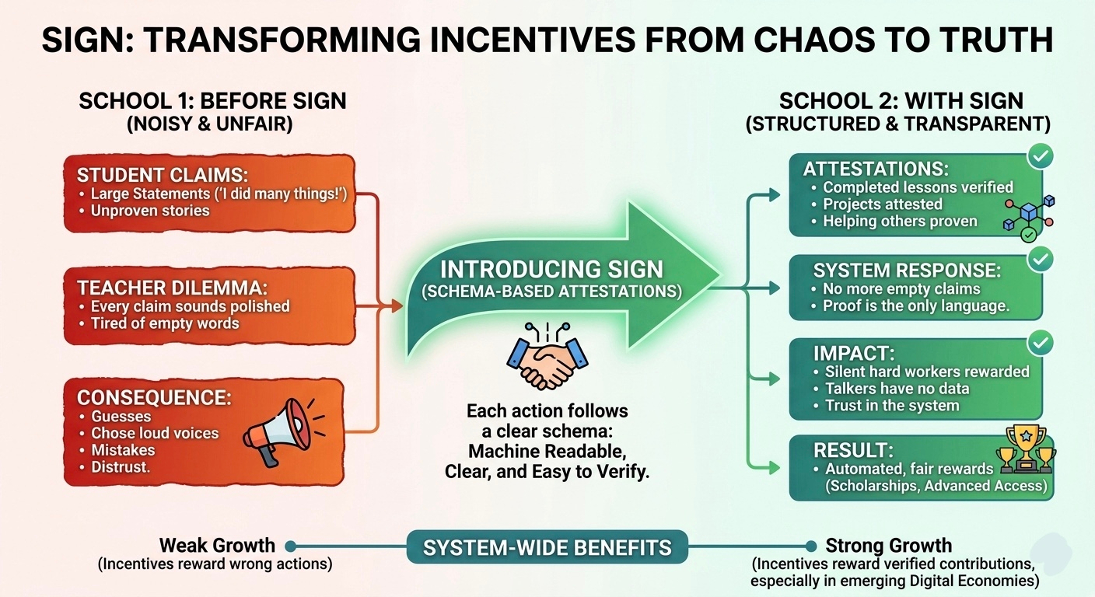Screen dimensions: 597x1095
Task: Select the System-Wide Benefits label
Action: pos(547,548)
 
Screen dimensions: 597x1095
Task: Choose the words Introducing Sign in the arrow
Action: pos(551,270)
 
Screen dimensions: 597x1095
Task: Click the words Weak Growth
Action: pos(217,545)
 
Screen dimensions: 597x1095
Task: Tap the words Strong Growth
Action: pos(888,545)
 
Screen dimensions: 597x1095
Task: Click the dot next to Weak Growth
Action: pos(290,546)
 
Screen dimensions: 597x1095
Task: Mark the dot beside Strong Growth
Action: pos(811,546)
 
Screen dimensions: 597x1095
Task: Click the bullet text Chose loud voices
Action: pos(155,433)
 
